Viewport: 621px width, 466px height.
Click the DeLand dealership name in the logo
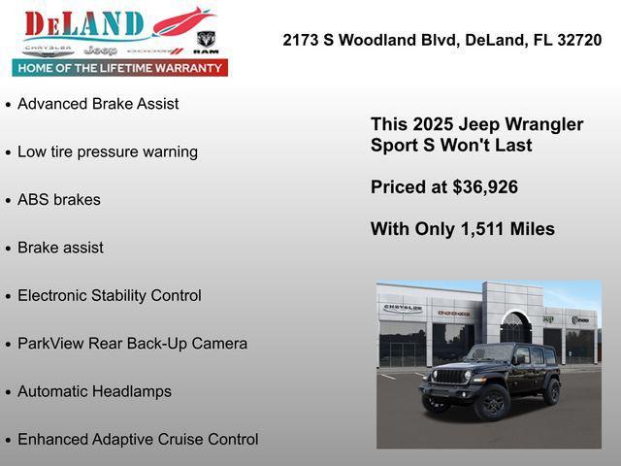pos(83,23)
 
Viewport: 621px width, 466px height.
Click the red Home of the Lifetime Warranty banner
pos(120,68)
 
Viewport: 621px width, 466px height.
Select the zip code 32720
pos(579,40)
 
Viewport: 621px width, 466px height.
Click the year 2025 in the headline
pos(434,124)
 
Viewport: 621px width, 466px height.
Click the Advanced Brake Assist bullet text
pos(98,104)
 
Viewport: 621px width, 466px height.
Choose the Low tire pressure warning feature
pos(108,151)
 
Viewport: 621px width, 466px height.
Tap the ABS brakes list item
pos(59,200)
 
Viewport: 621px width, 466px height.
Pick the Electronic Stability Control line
pos(110,295)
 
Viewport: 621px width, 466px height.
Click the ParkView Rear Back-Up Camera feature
pos(132,344)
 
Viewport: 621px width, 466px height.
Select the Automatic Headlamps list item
pos(94,391)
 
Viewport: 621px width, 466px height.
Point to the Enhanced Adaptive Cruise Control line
pos(138,440)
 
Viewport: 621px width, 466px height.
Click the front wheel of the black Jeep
pos(491,401)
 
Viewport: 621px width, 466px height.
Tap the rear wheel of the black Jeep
pos(552,391)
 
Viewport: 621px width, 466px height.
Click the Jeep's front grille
pos(449,377)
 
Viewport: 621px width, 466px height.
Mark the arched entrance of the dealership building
pos(515,328)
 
